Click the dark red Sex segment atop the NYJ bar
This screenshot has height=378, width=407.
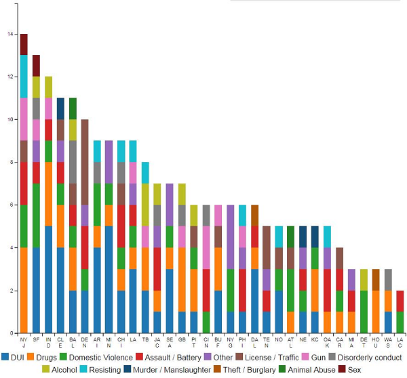[24, 44]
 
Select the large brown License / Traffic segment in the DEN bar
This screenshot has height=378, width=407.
[85, 163]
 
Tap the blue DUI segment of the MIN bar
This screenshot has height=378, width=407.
[109, 280]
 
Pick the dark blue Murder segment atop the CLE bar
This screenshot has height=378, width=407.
[60, 108]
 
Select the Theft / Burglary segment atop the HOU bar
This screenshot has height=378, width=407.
[376, 280]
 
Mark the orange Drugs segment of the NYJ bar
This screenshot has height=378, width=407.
[24, 290]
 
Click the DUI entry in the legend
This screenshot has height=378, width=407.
[15, 356]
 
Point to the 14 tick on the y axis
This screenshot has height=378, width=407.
[8, 34]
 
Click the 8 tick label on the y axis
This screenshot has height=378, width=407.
[8, 163]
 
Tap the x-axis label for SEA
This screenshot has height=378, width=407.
[170, 342]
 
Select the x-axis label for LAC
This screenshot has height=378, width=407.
[400, 342]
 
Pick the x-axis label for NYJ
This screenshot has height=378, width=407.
[24, 342]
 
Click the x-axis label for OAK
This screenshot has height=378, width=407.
[328, 342]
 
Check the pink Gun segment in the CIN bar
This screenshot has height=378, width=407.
[206, 247]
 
